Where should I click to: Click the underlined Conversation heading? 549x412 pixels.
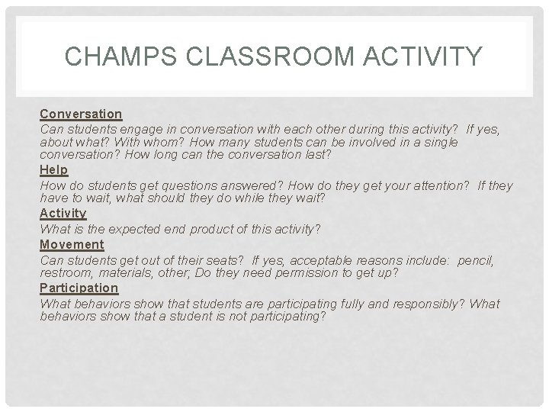[81, 114]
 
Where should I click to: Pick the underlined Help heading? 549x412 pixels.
[53, 169]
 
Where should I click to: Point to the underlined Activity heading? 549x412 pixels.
[63, 213]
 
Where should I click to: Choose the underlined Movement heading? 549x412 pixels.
[72, 244]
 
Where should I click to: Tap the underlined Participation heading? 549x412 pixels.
[79, 288]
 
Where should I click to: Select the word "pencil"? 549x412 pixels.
[476, 260]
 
